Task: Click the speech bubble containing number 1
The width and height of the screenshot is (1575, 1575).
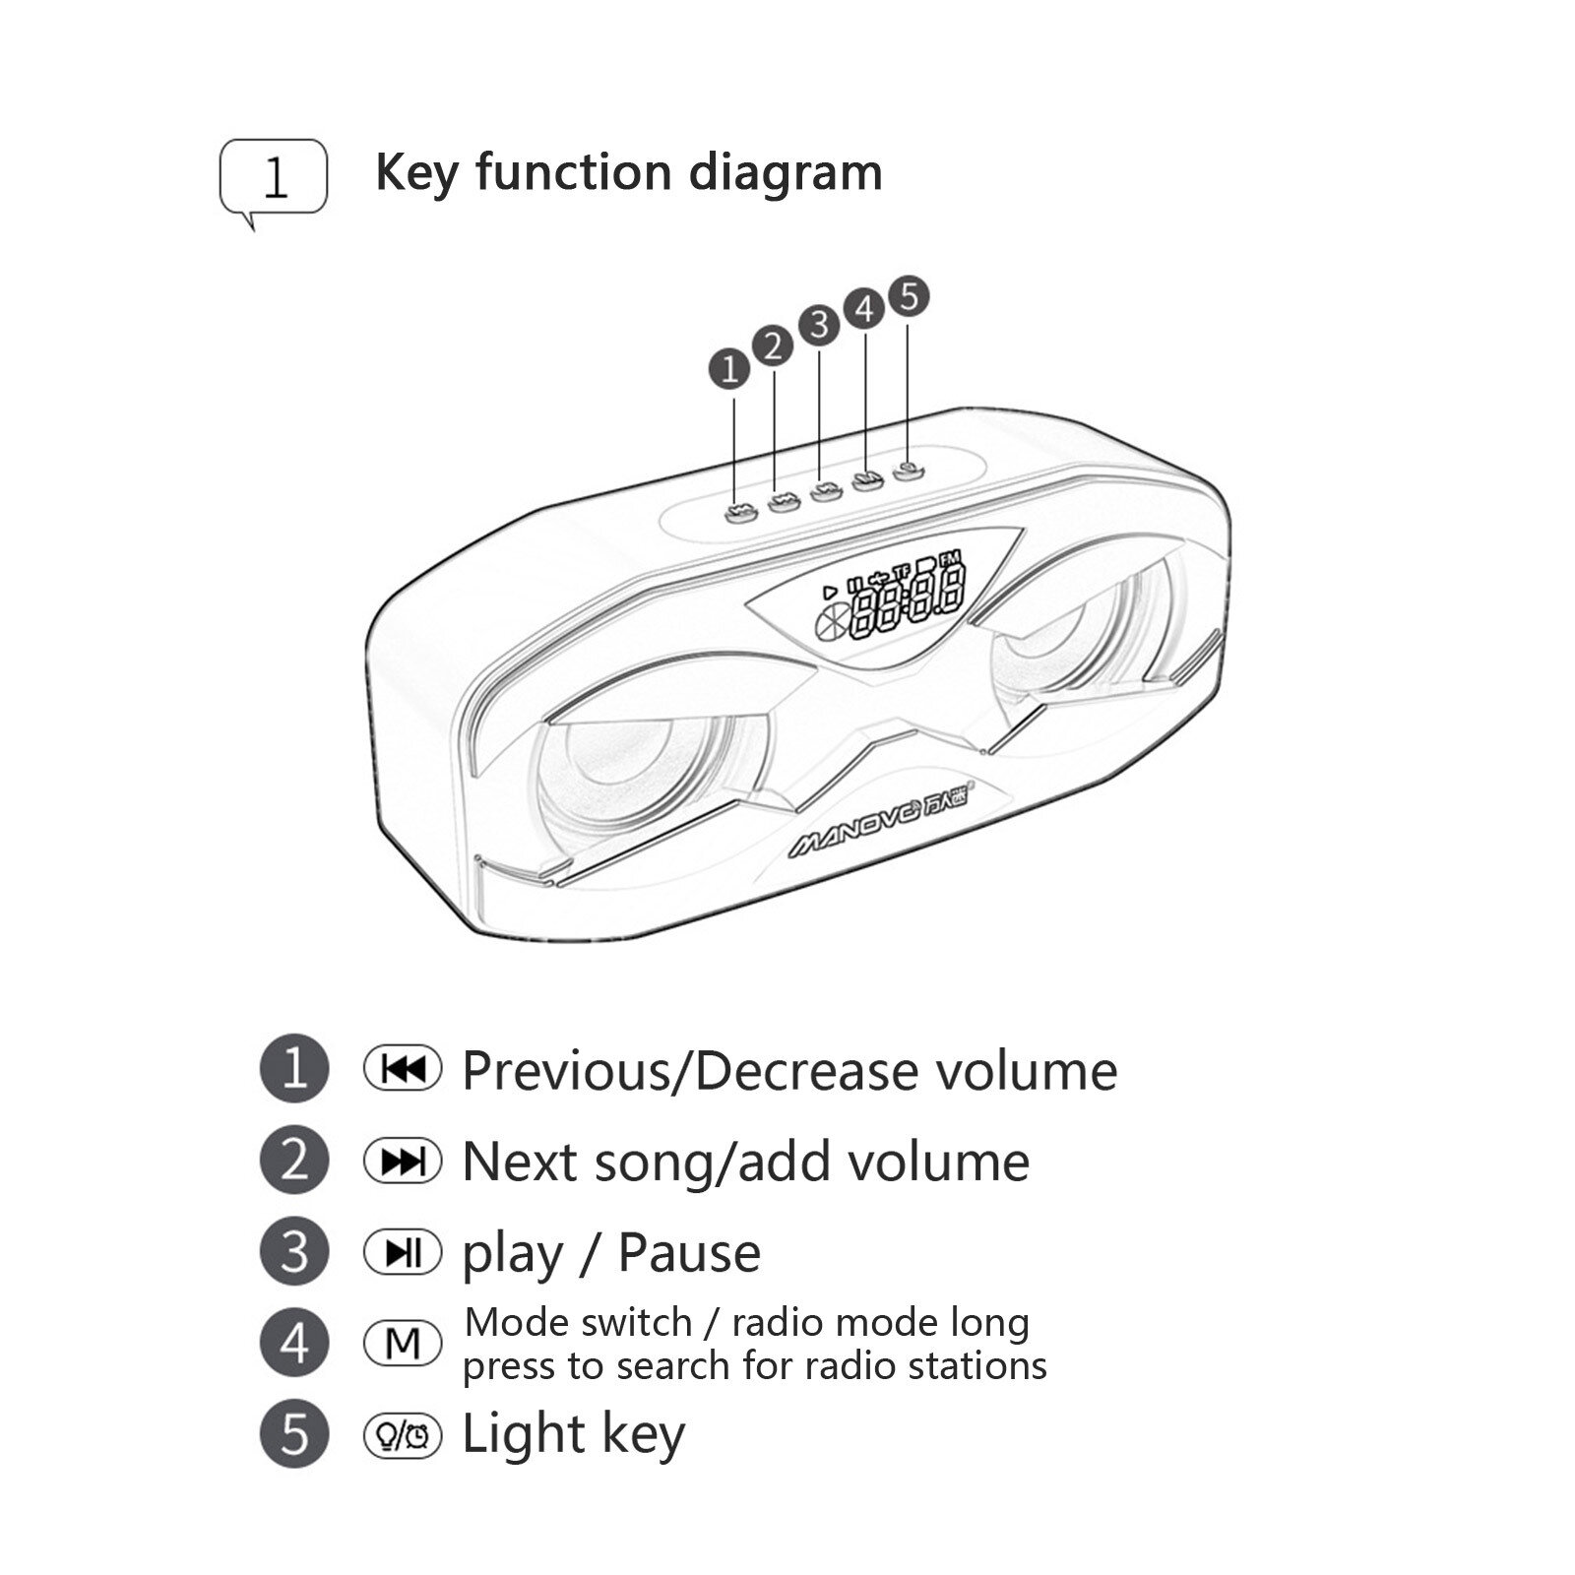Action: (x=273, y=178)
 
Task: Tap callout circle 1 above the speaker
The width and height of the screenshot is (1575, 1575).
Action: (x=729, y=369)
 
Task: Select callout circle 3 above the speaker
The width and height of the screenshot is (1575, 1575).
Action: (x=819, y=325)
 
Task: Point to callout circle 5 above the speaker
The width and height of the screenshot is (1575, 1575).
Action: (x=908, y=296)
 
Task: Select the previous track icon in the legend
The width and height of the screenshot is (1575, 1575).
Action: (x=403, y=1069)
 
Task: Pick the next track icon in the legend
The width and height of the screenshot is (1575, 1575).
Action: (x=403, y=1161)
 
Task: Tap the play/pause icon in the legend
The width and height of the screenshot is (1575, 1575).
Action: (x=403, y=1252)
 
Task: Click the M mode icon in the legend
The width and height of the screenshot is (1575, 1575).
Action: (x=403, y=1343)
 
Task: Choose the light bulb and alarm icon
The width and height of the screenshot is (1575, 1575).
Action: (x=403, y=1434)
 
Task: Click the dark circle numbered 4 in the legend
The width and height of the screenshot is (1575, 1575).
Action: (x=293, y=1343)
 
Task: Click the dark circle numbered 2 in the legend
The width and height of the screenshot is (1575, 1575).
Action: (x=293, y=1161)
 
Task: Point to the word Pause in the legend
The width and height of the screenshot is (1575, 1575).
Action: (x=689, y=1253)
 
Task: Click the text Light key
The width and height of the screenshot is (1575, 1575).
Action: (x=573, y=1435)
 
